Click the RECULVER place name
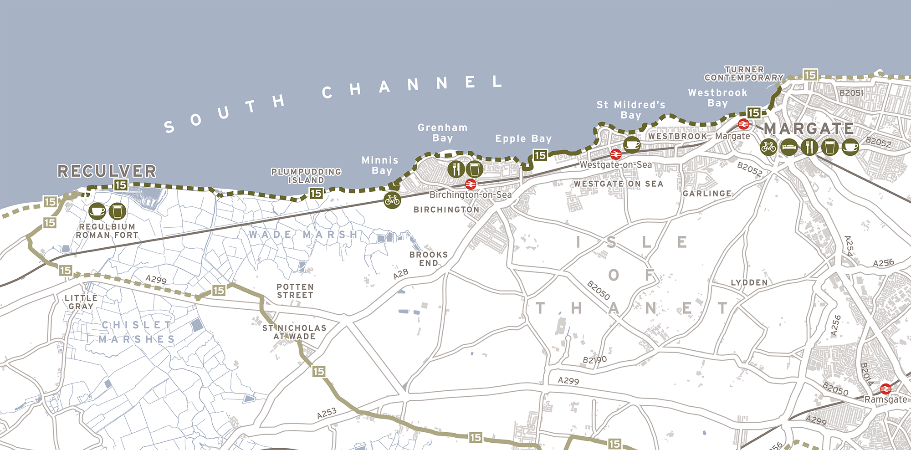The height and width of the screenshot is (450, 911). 107,171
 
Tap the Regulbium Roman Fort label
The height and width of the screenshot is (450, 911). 107,231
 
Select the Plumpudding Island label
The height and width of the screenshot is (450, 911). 306,176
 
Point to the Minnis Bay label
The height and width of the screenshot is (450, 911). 380,165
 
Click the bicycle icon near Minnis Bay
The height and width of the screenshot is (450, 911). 392,199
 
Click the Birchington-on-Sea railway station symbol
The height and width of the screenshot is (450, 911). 471,184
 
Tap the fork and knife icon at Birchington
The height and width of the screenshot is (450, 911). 456,169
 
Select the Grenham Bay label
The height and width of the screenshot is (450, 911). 442,133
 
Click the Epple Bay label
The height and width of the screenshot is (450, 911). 523,138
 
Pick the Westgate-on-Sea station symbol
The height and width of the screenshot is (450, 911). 615,154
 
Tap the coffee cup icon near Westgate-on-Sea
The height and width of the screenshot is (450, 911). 632,145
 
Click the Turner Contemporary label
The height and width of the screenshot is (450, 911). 744,73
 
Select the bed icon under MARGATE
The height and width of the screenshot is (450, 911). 789,147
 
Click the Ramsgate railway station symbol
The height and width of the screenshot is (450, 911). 885,389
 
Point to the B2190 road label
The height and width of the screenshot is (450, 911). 595,360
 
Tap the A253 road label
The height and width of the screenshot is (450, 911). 327,413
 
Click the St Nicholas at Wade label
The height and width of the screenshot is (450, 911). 294,332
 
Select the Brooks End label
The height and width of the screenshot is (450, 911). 428,259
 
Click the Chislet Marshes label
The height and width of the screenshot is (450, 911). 137,332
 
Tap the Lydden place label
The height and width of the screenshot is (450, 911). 749,282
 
